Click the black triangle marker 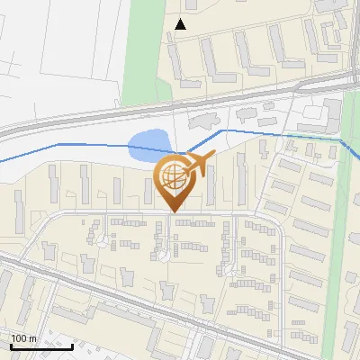click(x=181, y=24)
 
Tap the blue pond click(x=148, y=146)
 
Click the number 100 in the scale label click(x=19, y=339)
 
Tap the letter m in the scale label click(x=32, y=339)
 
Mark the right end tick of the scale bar click(x=72, y=345)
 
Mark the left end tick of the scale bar click(x=11, y=345)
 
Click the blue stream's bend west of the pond click(x=58, y=144)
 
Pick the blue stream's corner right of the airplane click(x=223, y=130)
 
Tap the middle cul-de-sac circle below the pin click(x=162, y=255)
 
